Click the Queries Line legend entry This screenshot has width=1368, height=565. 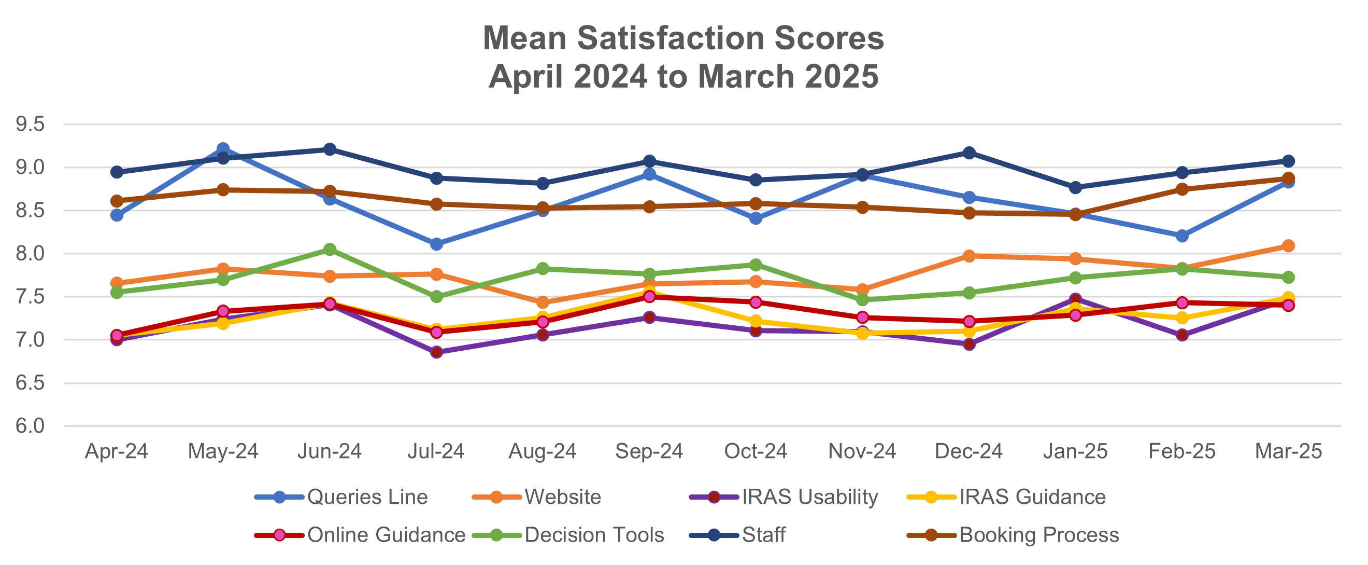click(367, 497)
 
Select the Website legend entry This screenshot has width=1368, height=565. click(562, 497)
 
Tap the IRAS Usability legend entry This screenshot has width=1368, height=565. click(809, 497)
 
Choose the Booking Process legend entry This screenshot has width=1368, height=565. click(1039, 535)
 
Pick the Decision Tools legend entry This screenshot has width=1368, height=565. click(594, 535)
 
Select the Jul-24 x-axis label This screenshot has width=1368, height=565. click(436, 452)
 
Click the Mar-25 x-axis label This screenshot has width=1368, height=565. click(1288, 452)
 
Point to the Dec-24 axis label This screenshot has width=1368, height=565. click(968, 452)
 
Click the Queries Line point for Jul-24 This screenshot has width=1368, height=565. click(436, 244)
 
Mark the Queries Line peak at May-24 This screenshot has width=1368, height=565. click(223, 148)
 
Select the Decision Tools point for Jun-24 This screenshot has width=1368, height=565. click(330, 249)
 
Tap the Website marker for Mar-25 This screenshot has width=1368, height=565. click(1288, 245)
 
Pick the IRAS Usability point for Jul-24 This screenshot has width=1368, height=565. click(436, 352)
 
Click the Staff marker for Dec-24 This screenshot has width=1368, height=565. click(968, 153)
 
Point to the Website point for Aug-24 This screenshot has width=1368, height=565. click(543, 302)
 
